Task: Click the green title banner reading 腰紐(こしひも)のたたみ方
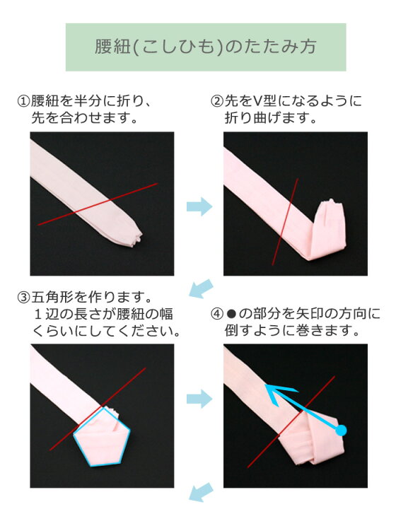tap(206, 47)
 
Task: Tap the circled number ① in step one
tap(23, 101)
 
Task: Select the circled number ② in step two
tap(217, 101)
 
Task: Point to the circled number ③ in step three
tap(23, 297)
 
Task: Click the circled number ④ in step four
tap(217, 314)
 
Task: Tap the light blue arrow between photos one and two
tap(199, 206)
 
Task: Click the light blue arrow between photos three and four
tap(199, 399)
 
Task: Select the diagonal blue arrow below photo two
tap(201, 288)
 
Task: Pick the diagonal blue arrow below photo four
tap(201, 493)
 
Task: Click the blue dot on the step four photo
tap(341, 431)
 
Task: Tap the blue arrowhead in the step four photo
tap(279, 394)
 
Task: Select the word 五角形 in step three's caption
tap(52, 297)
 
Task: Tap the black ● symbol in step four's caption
tap(231, 314)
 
